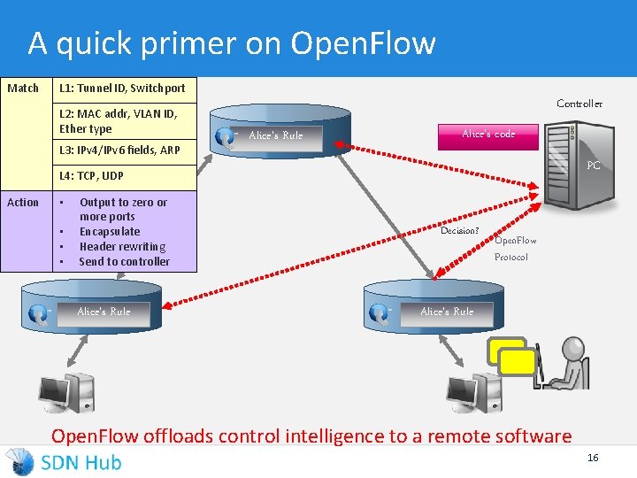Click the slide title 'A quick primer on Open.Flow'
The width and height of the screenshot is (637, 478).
[232, 42]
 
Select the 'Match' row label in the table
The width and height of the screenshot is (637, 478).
[23, 88]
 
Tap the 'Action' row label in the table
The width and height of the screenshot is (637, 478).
[23, 202]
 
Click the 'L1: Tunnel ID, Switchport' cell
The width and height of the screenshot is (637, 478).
[122, 88]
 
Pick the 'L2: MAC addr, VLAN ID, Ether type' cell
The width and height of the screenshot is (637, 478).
[118, 120]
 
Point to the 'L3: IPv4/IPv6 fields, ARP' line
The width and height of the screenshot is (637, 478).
[119, 150]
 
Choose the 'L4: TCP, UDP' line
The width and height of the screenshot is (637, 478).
[91, 176]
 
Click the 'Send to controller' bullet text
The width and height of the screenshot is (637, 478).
[124, 261]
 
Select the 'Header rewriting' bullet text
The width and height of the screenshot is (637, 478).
[122, 246]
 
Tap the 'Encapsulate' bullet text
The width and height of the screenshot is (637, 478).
[110, 231]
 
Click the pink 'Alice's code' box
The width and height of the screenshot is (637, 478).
[488, 134]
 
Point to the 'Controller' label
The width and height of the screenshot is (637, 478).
[579, 104]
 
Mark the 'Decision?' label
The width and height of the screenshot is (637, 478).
[460, 231]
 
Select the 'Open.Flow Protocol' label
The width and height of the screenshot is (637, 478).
[514, 248]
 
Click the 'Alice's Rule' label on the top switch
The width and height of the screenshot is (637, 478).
[275, 135]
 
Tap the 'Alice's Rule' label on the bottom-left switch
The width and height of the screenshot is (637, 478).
[104, 312]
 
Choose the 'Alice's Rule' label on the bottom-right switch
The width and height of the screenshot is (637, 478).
[447, 312]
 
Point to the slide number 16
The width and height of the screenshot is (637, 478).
[593, 457]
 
